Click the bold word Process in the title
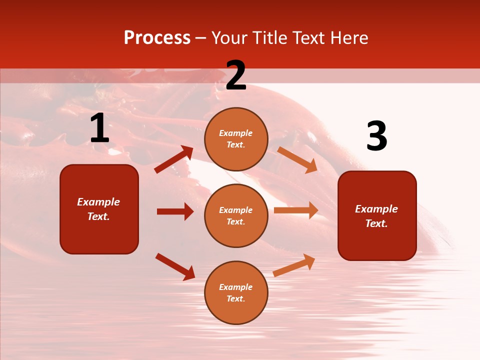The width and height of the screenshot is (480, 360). (x=157, y=37)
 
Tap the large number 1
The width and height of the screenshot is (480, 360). (x=99, y=128)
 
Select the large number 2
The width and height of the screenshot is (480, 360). (x=236, y=75)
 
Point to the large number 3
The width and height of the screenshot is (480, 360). (x=376, y=136)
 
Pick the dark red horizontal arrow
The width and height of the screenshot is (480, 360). (x=175, y=211)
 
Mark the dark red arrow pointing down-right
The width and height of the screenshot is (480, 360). (x=175, y=266)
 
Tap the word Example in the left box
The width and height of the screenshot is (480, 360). (x=98, y=202)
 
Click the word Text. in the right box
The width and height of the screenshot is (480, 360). (x=376, y=223)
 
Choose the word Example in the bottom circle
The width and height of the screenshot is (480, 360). (x=236, y=287)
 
